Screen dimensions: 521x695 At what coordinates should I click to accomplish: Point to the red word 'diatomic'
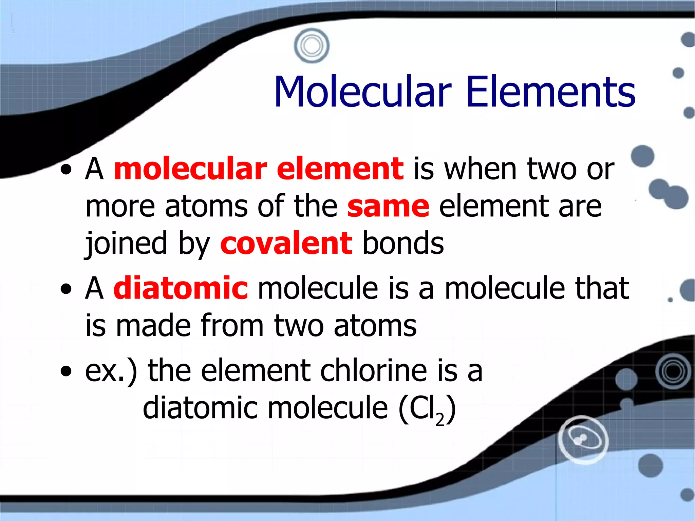point(181,288)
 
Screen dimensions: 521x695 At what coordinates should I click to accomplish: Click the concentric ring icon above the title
point(312,45)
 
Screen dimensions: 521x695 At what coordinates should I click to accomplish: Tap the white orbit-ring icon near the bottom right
point(583,439)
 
